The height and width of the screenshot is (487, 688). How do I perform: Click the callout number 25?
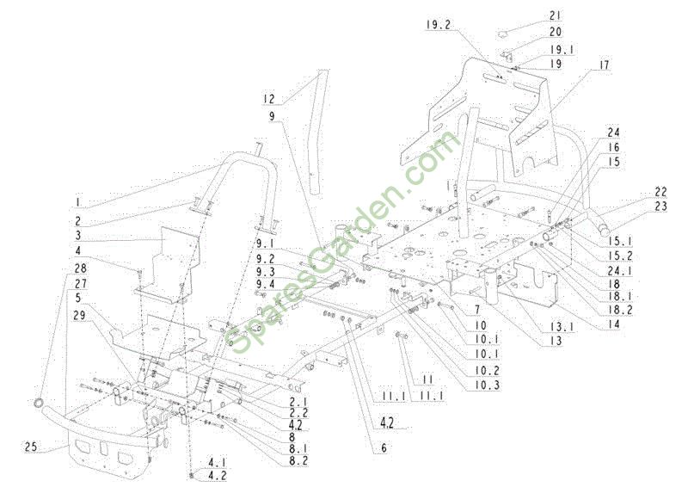[x=31, y=447]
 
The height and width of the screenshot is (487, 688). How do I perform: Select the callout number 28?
[x=80, y=268]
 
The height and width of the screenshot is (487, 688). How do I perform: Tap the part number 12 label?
[x=268, y=99]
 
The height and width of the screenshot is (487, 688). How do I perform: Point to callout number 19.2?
[x=439, y=24]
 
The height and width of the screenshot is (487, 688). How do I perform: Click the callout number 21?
[x=555, y=15]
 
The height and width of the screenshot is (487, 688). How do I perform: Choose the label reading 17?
[x=605, y=65]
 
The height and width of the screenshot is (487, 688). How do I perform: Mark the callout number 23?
[x=660, y=206]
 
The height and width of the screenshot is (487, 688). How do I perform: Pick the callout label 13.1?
[x=562, y=326]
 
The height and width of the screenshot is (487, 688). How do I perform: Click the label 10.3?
[x=487, y=385]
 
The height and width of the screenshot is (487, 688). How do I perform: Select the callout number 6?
[x=384, y=448]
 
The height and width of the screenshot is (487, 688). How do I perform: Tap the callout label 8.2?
[x=295, y=460]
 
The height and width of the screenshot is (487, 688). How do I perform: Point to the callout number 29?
[x=80, y=315]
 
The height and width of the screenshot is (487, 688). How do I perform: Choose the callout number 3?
[x=78, y=235]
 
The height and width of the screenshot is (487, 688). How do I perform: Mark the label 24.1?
[x=621, y=270]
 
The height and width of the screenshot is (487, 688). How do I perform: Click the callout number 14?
[x=614, y=324]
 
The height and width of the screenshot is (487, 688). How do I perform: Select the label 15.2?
[x=620, y=256]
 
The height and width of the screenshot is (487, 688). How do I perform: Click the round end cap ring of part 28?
[x=40, y=402]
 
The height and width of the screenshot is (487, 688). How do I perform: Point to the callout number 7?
[x=477, y=311]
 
